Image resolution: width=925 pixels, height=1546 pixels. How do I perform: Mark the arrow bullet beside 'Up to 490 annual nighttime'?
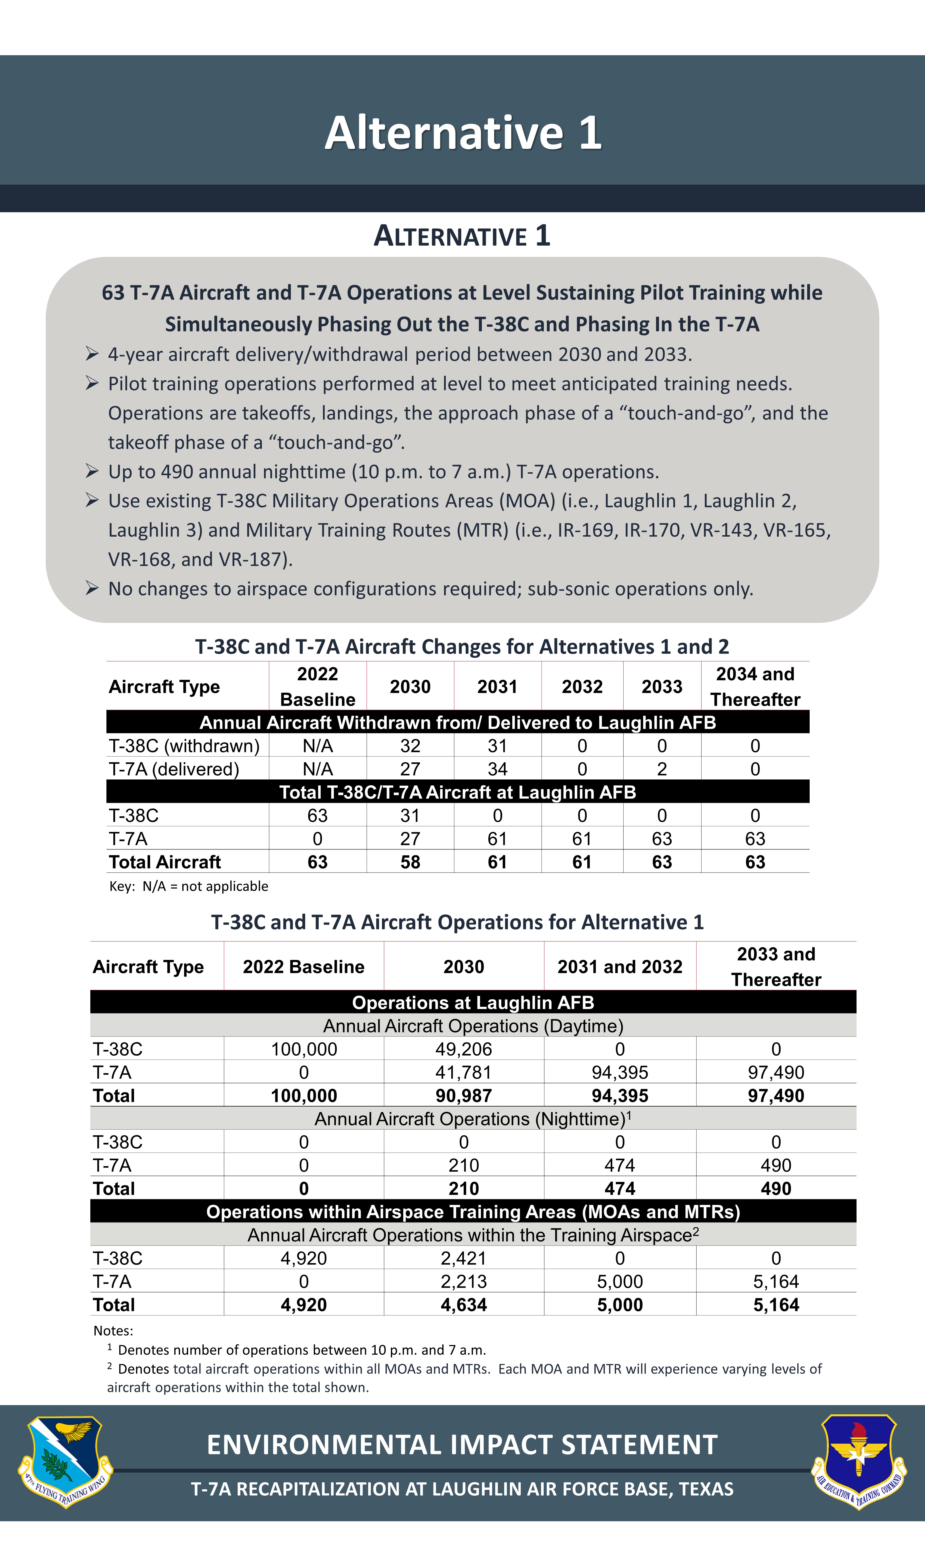pyautogui.click(x=92, y=471)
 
